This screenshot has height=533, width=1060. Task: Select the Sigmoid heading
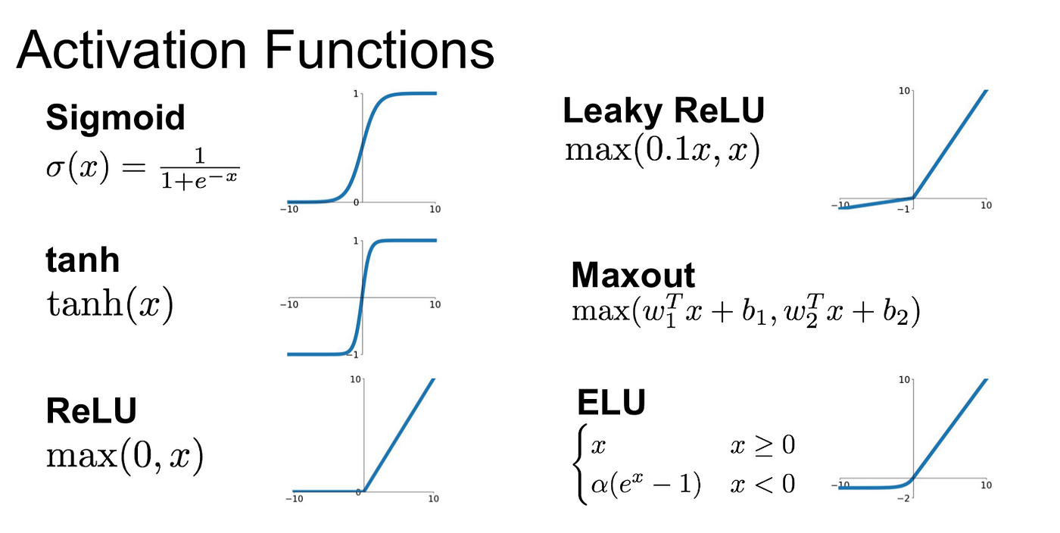tap(115, 117)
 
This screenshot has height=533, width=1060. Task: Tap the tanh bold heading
tap(83, 260)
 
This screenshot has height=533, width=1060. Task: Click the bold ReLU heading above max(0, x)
tap(92, 410)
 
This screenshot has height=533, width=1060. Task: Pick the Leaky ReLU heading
tap(663, 111)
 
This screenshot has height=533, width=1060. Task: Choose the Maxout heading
tap(633, 275)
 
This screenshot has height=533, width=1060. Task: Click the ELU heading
tap(611, 403)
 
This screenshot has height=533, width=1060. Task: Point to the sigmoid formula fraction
tap(200, 168)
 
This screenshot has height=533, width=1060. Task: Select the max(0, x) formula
tap(125, 456)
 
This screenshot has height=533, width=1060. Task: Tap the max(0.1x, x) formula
tap(662, 151)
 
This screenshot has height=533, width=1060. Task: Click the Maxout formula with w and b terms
tap(745, 312)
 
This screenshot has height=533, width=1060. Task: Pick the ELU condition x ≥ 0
tap(762, 445)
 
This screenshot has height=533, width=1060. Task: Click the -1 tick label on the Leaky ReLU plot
tap(902, 209)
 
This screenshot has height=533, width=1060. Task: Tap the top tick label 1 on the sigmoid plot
tap(355, 94)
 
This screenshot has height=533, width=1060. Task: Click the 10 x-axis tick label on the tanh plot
tap(435, 304)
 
